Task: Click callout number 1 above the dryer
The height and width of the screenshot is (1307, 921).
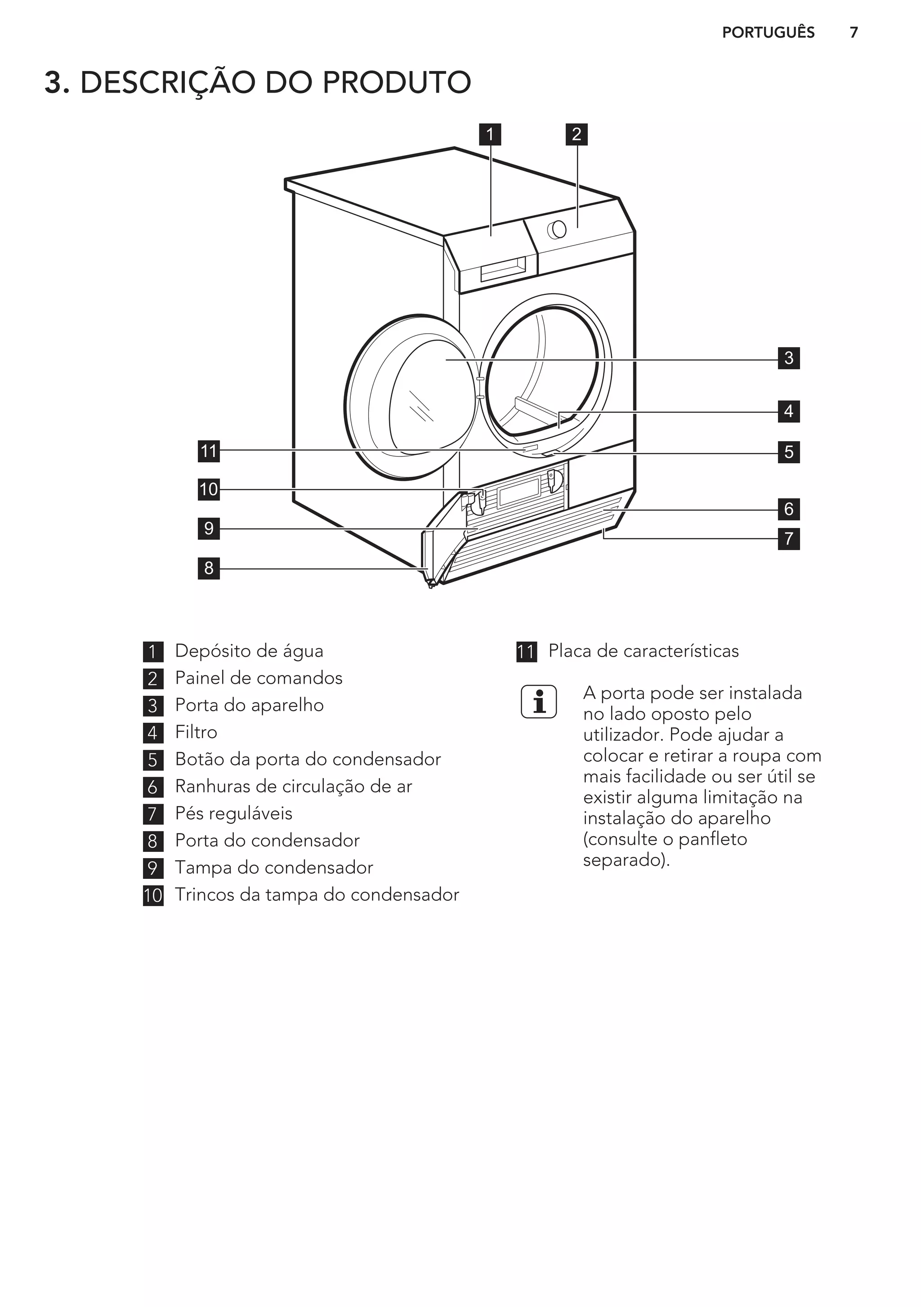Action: tap(490, 135)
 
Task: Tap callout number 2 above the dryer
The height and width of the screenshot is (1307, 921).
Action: tap(577, 135)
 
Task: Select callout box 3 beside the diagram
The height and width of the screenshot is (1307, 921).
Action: tap(788, 358)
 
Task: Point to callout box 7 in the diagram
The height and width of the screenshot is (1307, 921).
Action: tap(788, 538)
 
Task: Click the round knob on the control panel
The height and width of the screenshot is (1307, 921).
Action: tap(557, 229)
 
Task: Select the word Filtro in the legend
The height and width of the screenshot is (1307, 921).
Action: tap(196, 732)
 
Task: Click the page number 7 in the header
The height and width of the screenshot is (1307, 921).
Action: tap(853, 32)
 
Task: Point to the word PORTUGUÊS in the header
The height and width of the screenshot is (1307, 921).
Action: tap(768, 32)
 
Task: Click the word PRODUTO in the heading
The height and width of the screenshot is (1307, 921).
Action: tap(397, 83)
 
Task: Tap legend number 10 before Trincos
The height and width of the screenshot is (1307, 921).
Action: tap(153, 895)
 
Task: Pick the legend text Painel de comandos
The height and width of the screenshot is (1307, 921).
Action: tap(259, 678)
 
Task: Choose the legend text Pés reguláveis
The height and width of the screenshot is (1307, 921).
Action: tap(233, 814)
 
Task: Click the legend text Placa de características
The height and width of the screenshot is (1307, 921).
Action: tap(643, 651)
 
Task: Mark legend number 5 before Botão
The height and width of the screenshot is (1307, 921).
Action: tap(153, 760)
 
